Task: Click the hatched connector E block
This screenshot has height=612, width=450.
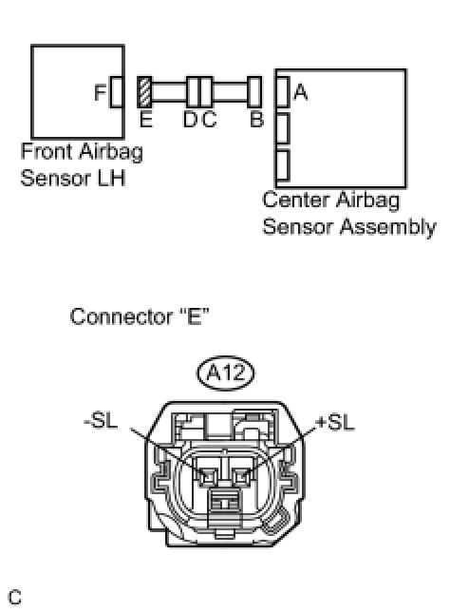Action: click(144, 92)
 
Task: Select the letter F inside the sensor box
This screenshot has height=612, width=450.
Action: click(101, 92)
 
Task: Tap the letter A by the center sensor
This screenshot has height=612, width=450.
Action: click(300, 92)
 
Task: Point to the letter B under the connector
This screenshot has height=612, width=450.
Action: click(256, 119)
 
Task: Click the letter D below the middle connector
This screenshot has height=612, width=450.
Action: click(191, 119)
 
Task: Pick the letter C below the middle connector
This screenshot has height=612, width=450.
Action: click(209, 119)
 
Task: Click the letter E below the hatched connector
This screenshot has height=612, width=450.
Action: click(146, 119)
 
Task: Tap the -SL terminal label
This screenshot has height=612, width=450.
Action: click(101, 421)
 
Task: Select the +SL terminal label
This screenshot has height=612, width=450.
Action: click(336, 422)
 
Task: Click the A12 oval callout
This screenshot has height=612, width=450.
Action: click(225, 373)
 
